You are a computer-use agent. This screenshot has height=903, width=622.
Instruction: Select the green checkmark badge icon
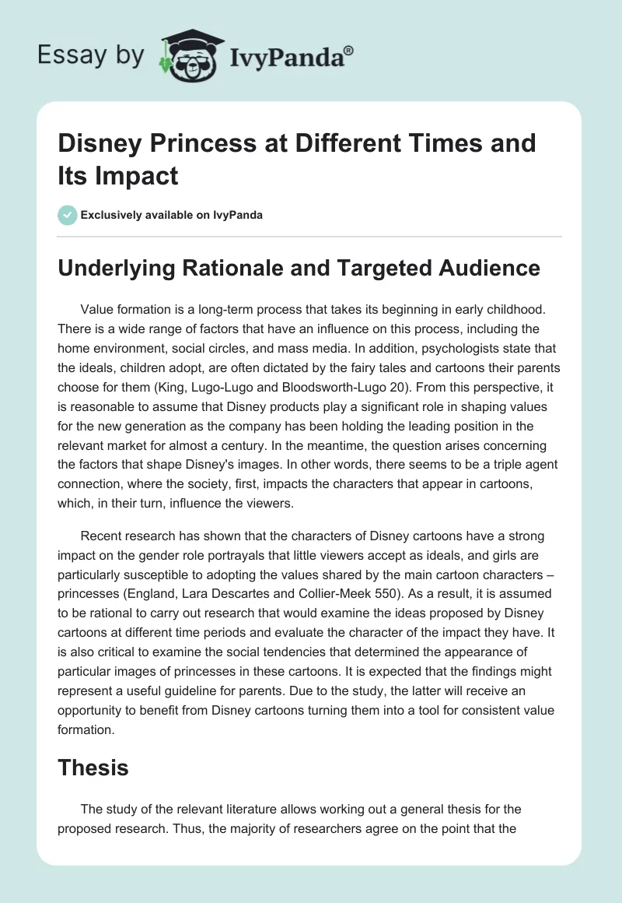(67, 215)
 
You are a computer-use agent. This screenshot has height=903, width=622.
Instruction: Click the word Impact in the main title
(133, 175)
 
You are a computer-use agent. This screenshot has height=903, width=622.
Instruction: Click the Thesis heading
(93, 768)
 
